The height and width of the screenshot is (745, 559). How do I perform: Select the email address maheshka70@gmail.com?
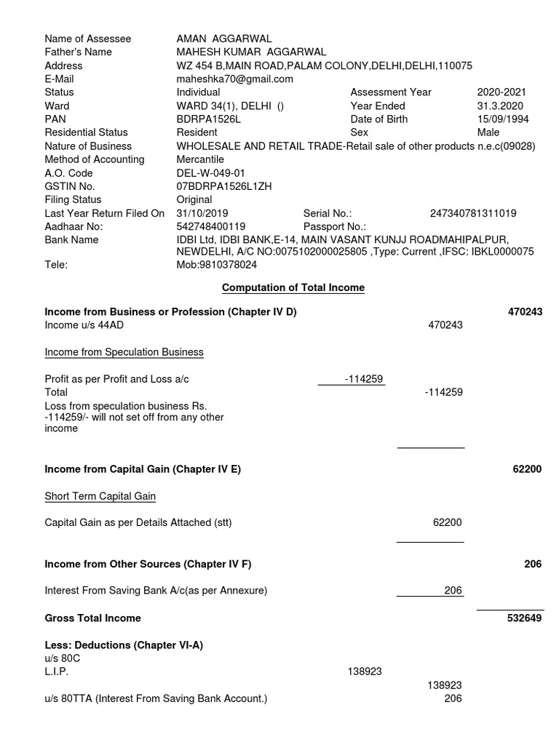235,79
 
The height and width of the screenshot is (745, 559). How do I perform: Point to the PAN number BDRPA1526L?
207,119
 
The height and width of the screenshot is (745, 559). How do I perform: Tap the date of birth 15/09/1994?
503,119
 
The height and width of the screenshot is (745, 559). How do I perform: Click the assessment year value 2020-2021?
501,92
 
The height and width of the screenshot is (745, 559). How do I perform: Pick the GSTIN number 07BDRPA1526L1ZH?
223,186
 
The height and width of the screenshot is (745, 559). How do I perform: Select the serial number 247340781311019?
473,213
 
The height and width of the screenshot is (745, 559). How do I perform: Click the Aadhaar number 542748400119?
211,226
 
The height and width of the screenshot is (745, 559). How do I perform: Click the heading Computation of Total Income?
293,287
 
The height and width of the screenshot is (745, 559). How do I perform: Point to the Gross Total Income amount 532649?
525,618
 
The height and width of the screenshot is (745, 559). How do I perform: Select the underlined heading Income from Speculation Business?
124,352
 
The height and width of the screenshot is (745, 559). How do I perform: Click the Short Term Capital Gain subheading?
100,496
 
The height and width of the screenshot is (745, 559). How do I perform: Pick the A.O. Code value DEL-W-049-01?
211,172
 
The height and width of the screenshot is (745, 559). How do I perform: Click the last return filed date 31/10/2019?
202,213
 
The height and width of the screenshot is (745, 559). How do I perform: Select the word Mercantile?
200,159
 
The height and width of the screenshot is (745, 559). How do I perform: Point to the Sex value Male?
488,132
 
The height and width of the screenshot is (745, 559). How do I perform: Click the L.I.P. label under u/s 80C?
57,672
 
